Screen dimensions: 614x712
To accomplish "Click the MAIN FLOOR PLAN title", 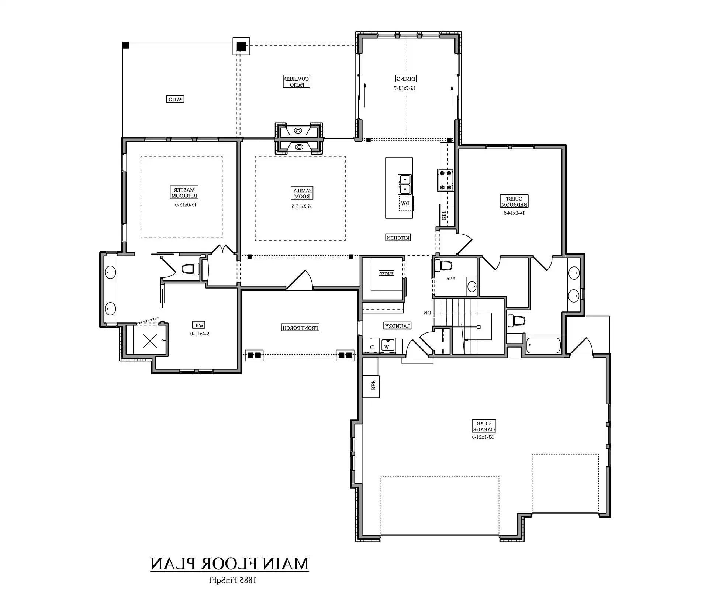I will [229, 563].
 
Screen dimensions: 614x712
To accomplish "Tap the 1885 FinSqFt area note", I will [232, 580].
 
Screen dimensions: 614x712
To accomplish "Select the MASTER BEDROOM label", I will [184, 193].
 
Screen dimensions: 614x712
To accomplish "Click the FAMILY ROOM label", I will [302, 193].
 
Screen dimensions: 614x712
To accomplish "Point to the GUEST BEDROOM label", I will [514, 201].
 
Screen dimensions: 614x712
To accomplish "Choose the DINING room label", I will [406, 79].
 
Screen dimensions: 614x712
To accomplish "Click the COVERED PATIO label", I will [296, 82].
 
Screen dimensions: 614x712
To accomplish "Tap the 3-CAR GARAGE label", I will [484, 426].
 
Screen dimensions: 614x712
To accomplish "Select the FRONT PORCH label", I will [300, 328].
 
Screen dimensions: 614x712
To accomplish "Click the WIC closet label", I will [198, 325].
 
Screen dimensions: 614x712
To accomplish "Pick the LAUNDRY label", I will [397, 326].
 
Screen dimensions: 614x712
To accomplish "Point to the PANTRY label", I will [386, 273].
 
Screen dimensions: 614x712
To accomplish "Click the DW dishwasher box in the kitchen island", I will [405, 204].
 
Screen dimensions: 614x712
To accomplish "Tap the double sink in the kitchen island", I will [404, 184].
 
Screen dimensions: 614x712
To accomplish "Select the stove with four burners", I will [445, 180].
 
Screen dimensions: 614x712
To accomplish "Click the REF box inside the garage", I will [371, 386].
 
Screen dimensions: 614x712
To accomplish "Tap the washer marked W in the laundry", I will [387, 346].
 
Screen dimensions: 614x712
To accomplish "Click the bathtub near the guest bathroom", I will [543, 346].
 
